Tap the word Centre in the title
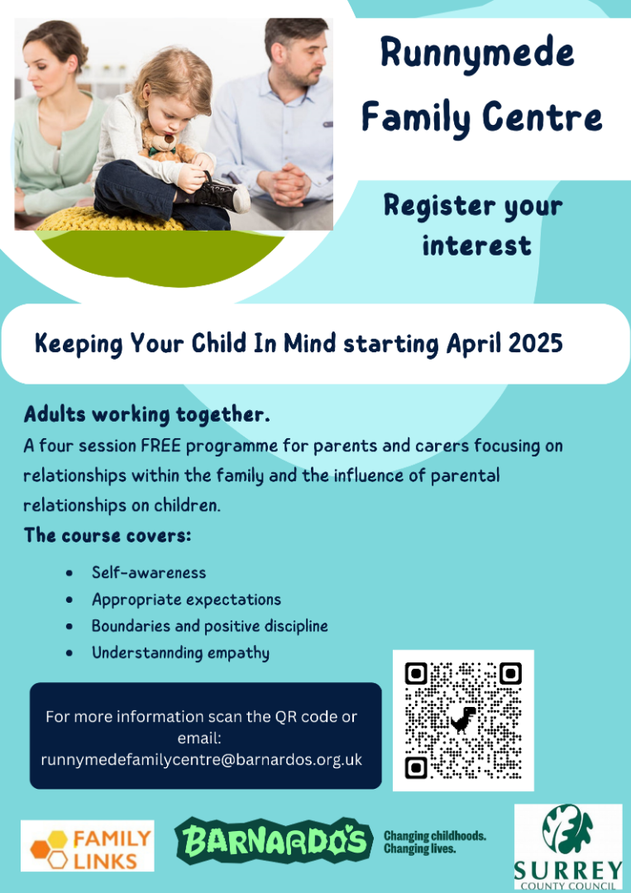[542, 116]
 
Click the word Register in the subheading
[440, 206]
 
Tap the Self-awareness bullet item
[149, 572]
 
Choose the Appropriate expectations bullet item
[186, 599]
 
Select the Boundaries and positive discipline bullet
[209, 626]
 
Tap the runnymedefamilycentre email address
[202, 760]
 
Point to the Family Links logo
[87, 846]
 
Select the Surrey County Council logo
[568, 847]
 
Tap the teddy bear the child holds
[163, 142]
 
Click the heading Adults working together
[147, 414]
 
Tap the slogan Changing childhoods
[435, 836]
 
